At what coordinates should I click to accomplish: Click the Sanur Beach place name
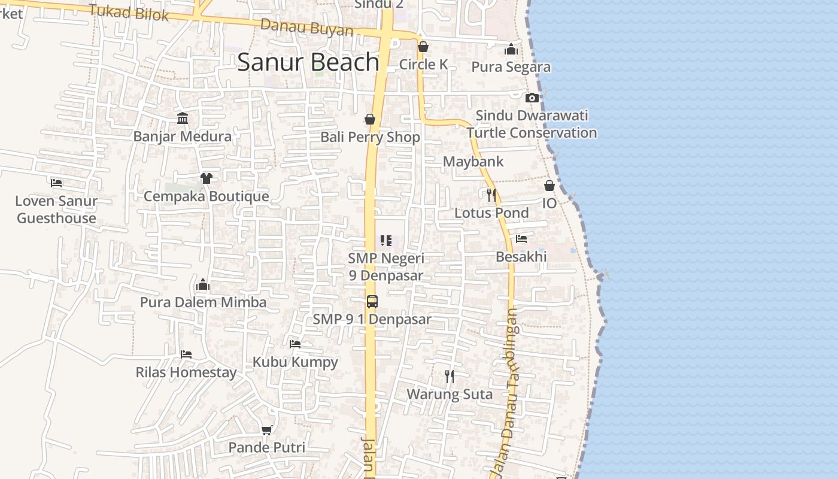[308, 62]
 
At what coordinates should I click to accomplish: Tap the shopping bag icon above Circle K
[423, 47]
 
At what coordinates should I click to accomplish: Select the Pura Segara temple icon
[511, 49]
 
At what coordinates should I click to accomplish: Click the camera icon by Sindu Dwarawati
[532, 98]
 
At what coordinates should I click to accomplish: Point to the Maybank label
[473, 162]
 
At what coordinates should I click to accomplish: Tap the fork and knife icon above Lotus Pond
[491, 195]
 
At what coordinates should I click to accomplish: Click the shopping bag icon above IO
[549, 186]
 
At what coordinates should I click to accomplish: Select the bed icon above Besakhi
[521, 239]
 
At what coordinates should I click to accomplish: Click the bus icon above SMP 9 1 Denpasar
[372, 301]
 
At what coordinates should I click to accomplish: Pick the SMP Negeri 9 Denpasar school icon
[386, 241]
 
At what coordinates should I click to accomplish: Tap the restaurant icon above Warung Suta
[450, 377]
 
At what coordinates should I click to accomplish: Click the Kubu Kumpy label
[295, 362]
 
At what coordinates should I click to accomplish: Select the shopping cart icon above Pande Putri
[267, 430]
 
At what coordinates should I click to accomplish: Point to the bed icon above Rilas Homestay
[186, 354]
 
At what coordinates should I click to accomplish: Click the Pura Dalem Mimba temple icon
[203, 284]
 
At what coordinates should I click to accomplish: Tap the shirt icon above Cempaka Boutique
[207, 178]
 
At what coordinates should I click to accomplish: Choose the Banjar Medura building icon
[183, 119]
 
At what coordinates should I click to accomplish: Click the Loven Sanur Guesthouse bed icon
[56, 183]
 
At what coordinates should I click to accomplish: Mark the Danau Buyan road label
[306, 28]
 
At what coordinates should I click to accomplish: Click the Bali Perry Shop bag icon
[370, 119]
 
